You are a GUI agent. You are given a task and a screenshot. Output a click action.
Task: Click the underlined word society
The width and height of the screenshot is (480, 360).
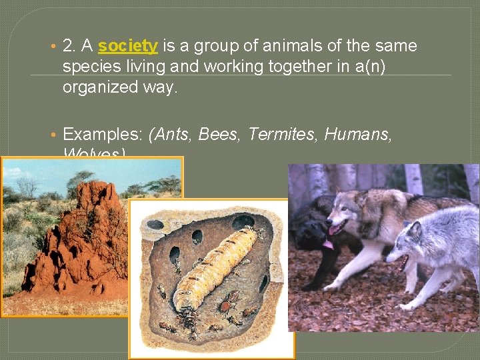127,46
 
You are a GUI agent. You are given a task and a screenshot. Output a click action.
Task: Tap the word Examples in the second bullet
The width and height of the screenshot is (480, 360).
101,135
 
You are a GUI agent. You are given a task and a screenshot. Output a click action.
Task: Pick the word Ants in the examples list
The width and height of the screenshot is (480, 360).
173,135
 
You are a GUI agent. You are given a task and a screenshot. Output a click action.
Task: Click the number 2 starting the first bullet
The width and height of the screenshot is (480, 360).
67,46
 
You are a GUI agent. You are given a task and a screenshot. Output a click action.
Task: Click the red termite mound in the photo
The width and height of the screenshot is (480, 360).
87,240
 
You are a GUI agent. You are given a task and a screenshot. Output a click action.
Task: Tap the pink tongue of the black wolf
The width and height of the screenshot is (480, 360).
328,245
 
